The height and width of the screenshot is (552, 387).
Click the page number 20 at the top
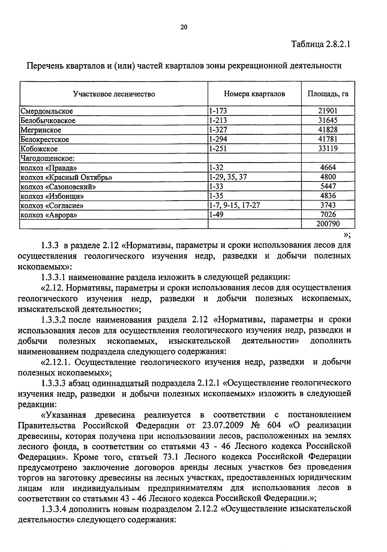click(184, 27)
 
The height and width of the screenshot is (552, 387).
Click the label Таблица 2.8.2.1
click(321, 44)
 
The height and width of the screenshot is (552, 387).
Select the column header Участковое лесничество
click(114, 94)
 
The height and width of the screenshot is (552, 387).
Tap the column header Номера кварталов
click(254, 94)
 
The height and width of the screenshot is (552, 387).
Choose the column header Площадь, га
click(328, 94)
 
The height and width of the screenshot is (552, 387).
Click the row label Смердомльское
click(47, 111)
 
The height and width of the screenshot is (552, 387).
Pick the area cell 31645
click(328, 121)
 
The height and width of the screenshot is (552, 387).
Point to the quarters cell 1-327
click(218, 130)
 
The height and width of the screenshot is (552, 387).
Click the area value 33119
click(328, 149)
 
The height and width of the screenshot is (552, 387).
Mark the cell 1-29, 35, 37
click(228, 177)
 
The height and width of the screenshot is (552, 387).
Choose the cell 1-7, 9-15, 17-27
click(234, 205)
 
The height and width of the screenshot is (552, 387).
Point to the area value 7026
click(328, 215)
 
